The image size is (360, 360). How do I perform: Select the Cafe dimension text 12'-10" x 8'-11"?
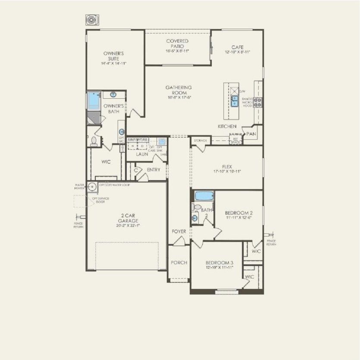(238, 52)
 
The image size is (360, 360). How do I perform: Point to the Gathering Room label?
(178, 90)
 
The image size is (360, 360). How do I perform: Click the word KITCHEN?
(227, 126)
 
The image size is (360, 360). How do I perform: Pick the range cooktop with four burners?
(257, 102)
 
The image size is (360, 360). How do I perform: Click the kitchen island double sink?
(235, 101)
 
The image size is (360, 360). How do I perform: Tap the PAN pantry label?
(251, 134)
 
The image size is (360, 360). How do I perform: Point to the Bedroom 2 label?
(238, 213)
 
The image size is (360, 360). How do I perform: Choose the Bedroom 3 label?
(219, 263)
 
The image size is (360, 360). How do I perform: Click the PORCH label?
(178, 263)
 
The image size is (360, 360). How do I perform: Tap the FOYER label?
(179, 232)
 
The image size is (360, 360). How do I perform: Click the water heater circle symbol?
(93, 187)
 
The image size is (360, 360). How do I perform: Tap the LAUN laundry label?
(142, 154)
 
